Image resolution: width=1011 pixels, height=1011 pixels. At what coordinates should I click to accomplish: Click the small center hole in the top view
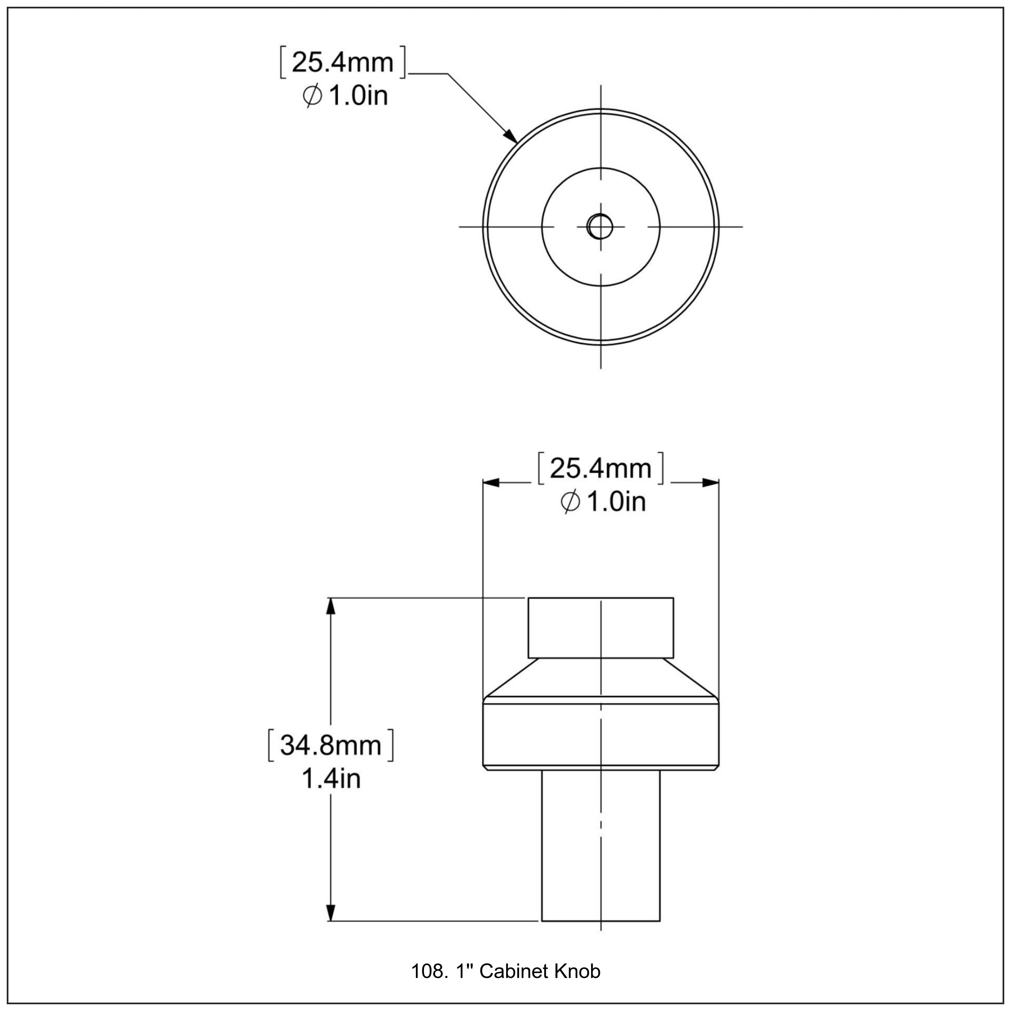pyautogui.click(x=600, y=226)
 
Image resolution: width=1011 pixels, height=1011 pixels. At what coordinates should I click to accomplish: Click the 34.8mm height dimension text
pyautogui.click(x=330, y=745)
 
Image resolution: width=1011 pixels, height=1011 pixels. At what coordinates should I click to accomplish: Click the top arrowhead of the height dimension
pyautogui.click(x=330, y=607)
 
